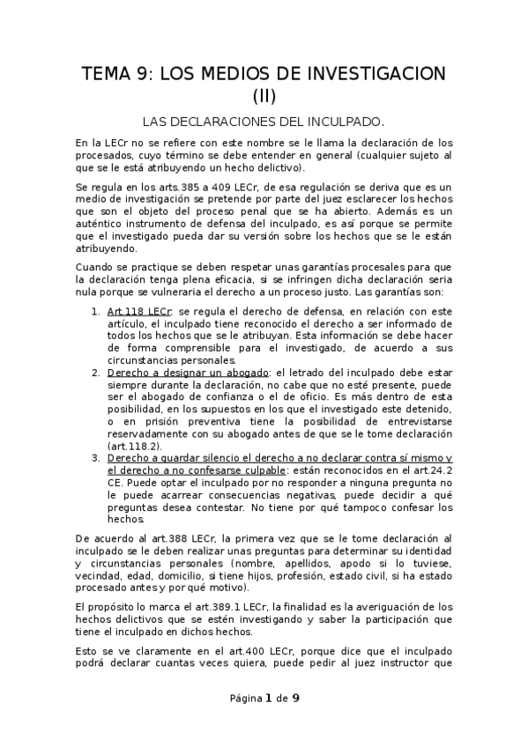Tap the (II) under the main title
264,95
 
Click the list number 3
95,460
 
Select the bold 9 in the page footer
296,699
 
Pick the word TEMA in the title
107,72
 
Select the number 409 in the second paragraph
200,188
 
